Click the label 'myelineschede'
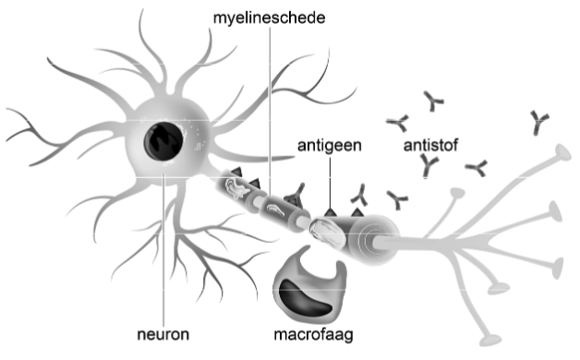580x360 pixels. (x=267, y=18)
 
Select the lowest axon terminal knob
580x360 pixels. (x=499, y=289)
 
